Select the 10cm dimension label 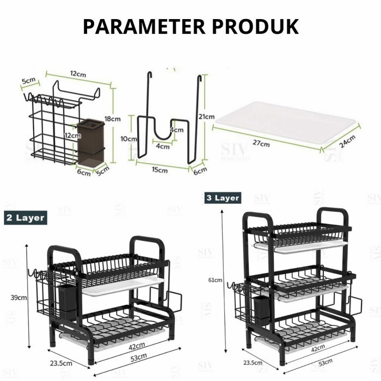point(129,139)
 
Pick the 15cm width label point(159,170)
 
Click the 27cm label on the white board point(261,144)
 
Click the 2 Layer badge point(25,218)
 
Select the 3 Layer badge point(223,198)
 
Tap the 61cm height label point(215,280)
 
